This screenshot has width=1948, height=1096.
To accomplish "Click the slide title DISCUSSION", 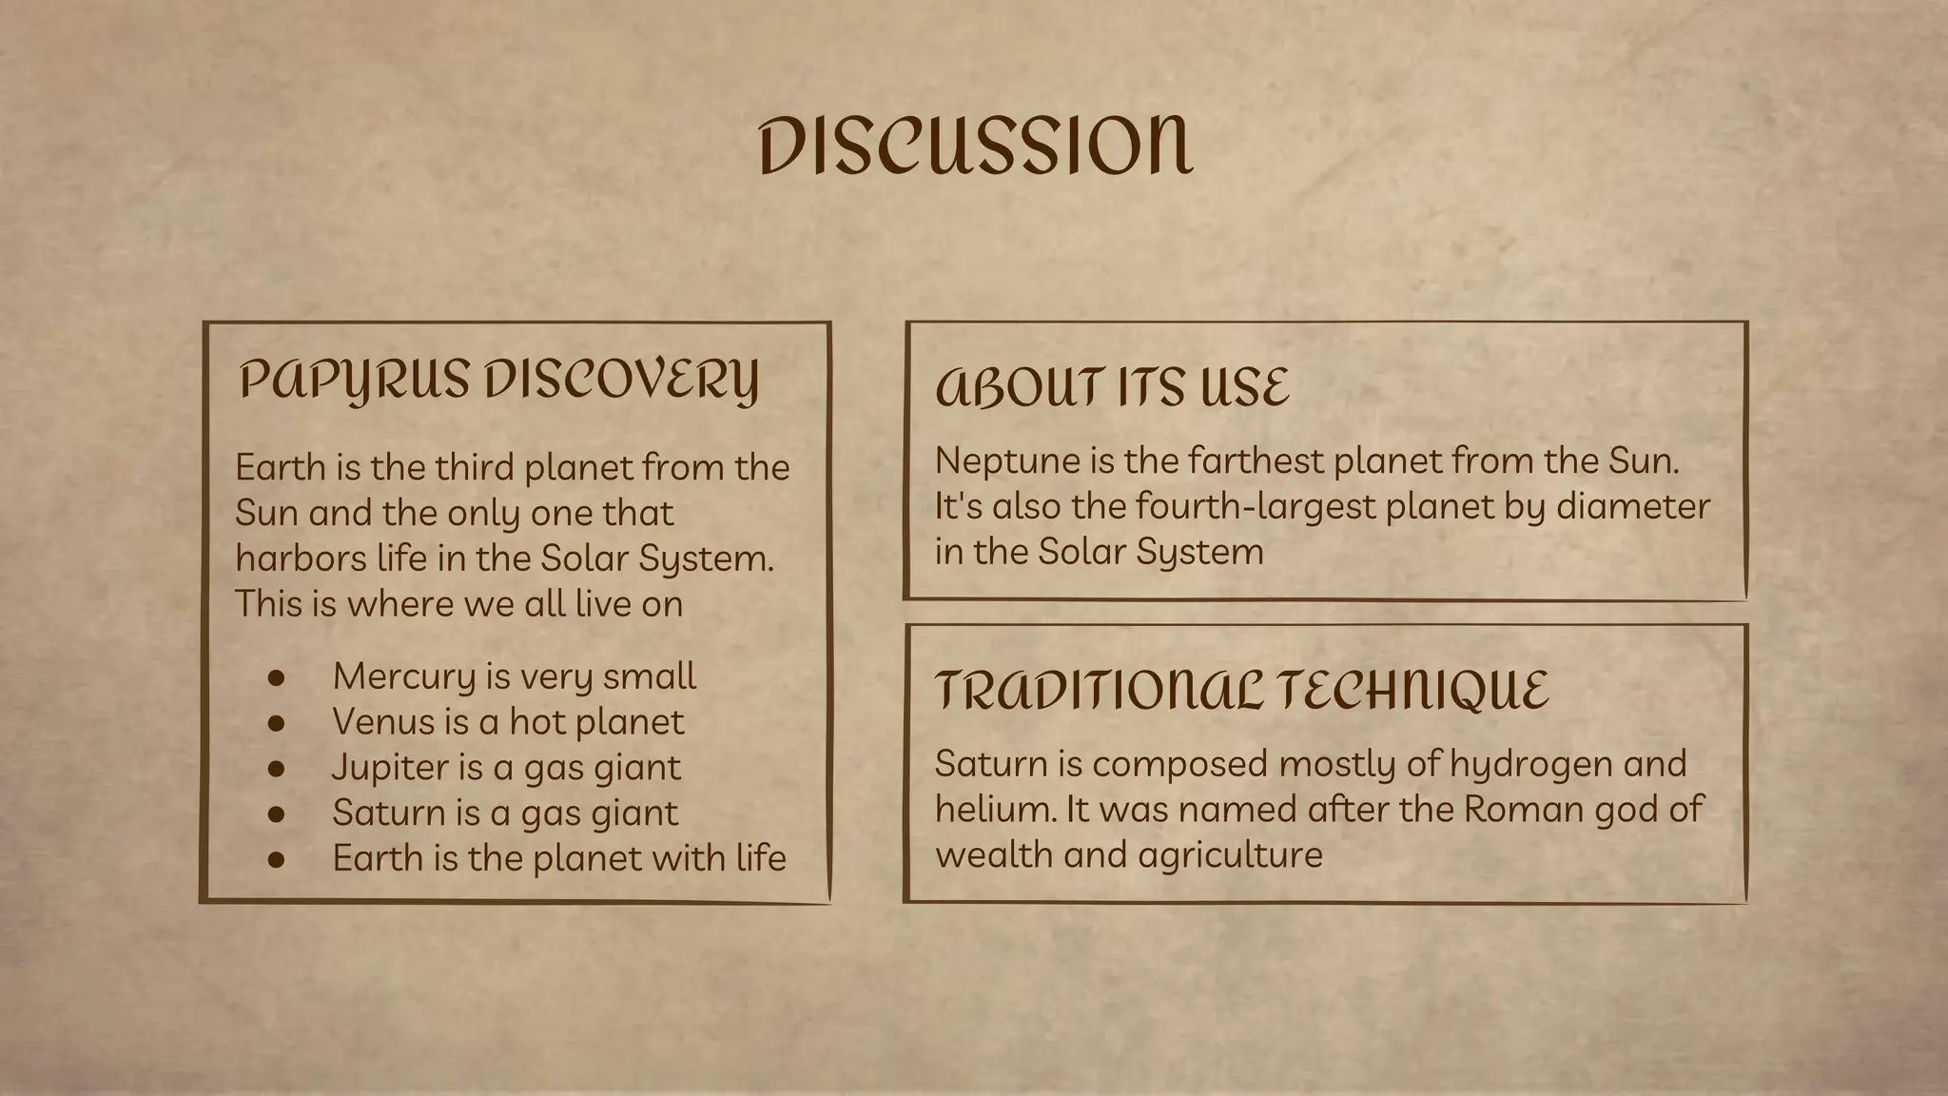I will (975, 147).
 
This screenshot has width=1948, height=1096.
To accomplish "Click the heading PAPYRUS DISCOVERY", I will (498, 380).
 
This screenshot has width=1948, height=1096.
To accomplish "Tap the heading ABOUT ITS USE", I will (1112, 387).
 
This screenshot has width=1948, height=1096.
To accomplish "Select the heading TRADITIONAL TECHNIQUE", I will (1241, 690).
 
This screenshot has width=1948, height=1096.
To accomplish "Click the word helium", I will (995, 810).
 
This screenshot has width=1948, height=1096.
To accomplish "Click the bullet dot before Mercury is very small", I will (277, 677).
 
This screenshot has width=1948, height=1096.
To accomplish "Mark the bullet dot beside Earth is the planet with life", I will (277, 860).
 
